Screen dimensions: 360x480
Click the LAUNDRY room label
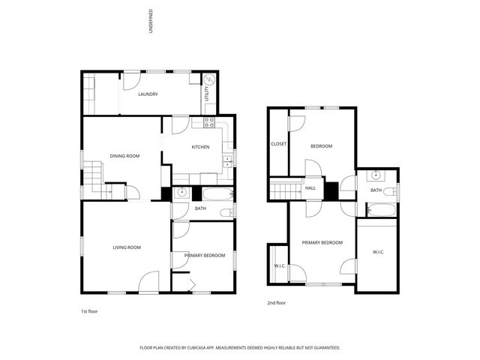pos(147,94)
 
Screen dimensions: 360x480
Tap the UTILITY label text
pos(208,94)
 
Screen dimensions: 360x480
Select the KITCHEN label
pos(200,147)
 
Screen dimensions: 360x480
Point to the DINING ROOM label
pos(124,156)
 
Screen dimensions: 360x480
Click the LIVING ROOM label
pos(127,247)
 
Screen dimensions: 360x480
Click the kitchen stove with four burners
pos(209,122)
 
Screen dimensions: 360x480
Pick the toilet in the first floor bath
pos(226,213)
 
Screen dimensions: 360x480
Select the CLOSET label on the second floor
pos(278,143)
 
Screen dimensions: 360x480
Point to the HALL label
pos(310,188)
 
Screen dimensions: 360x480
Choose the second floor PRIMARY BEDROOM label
pos(322,242)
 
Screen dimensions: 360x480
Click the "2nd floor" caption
pos(277,303)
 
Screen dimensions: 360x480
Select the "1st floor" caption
pos(89,310)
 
